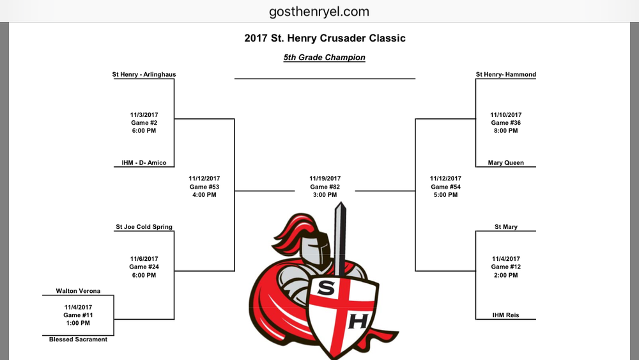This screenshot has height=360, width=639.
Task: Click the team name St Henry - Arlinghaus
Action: [144, 75]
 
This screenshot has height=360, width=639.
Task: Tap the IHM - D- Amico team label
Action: [144, 162]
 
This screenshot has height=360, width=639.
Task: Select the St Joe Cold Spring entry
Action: [144, 227]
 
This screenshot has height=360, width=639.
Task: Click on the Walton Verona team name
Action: [78, 291]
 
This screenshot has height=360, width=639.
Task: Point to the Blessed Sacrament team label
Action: [78, 339]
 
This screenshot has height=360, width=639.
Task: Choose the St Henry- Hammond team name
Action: [505, 75]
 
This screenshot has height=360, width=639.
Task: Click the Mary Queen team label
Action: [505, 162]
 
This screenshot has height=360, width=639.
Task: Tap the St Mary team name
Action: [505, 227]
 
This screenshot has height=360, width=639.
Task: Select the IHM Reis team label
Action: [505, 315]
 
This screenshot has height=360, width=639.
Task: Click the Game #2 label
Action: [144, 123]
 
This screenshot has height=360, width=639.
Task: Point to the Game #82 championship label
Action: [325, 187]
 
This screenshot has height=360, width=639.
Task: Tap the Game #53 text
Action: [204, 187]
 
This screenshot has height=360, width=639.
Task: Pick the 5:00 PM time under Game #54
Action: [445, 195]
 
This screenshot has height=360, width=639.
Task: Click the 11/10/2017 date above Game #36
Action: [505, 115]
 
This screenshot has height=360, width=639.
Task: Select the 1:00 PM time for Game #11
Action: [78, 323]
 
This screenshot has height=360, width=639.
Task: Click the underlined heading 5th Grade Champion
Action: [325, 58]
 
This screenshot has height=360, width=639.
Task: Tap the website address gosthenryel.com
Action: [319, 12]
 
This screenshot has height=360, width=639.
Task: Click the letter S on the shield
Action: [326, 288]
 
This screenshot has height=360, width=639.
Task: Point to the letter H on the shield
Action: [358, 321]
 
